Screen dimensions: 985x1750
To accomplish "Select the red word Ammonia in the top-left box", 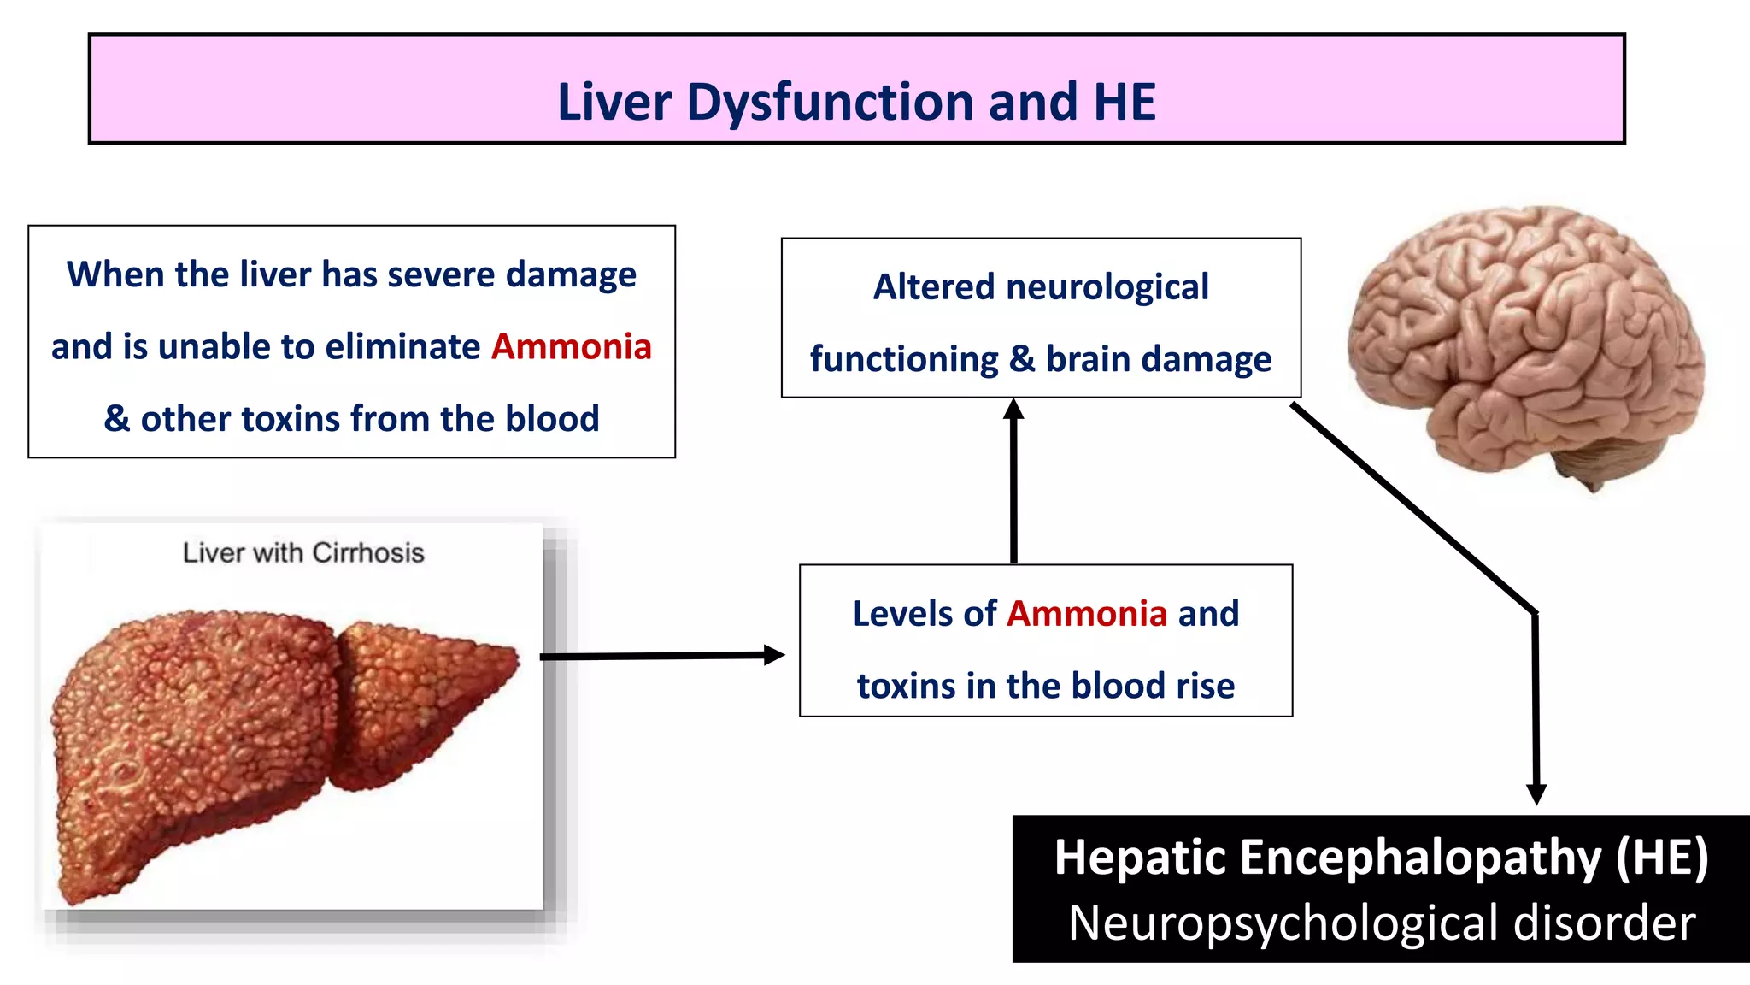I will (571, 346).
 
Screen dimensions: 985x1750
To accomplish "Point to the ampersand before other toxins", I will (117, 419).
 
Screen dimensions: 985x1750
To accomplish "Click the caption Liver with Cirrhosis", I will (303, 553).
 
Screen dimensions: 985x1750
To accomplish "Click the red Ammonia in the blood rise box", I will (1087, 614).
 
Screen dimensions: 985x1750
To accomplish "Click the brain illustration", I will (1521, 333).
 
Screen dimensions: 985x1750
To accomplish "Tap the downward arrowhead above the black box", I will (1536, 794).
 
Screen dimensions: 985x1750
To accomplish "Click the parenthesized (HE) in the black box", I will (1661, 858).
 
